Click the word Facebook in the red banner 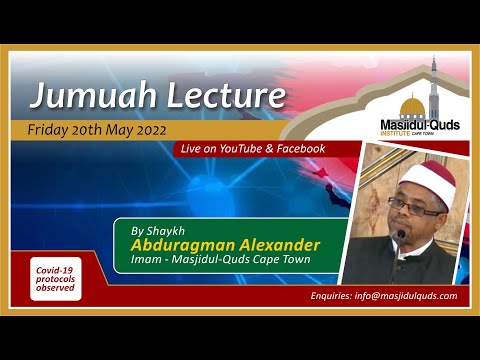point(299,149)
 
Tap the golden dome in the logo point(411,105)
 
